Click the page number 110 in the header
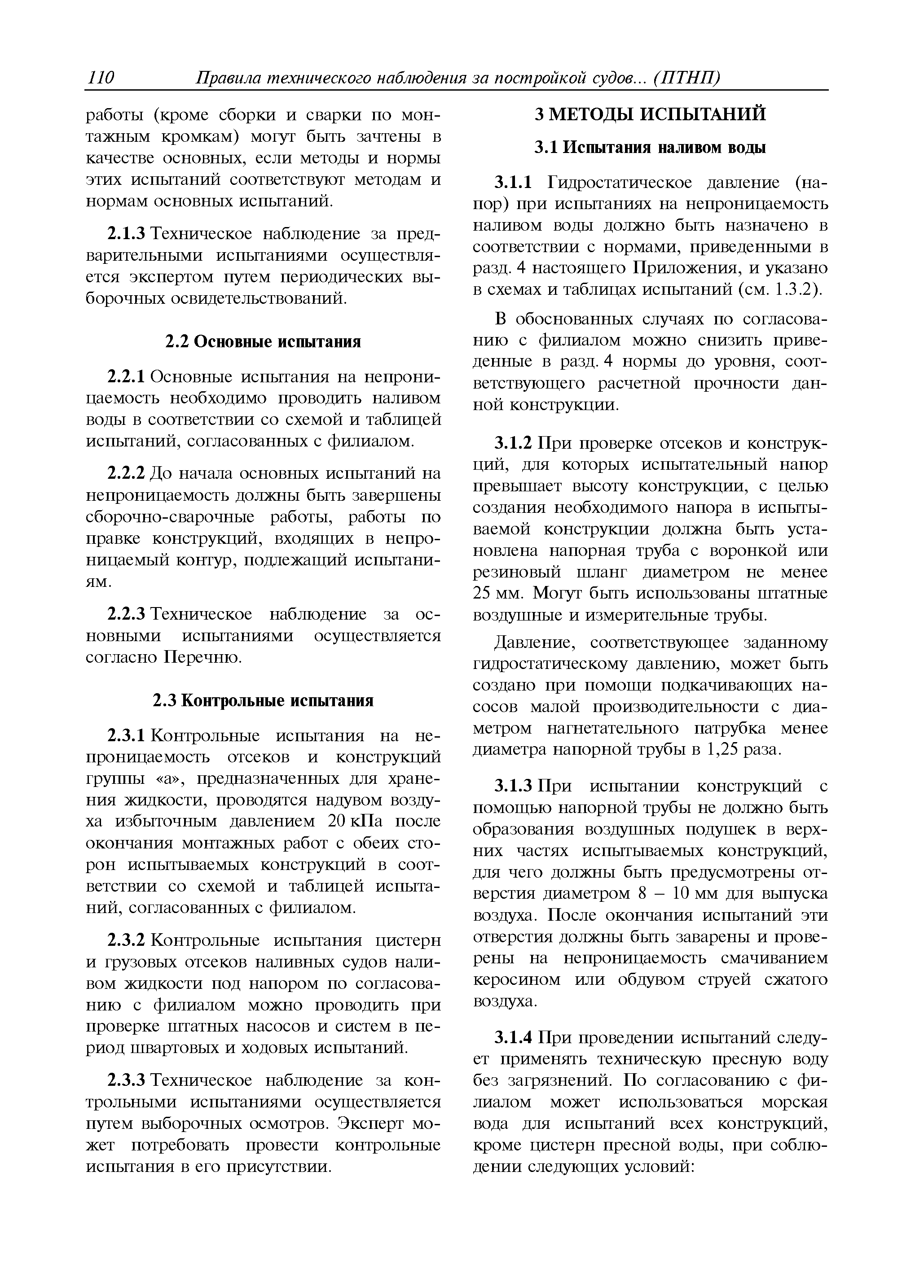pyautogui.click(x=100, y=78)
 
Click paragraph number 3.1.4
pyautogui.click(x=514, y=1038)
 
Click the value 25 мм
pyautogui.click(x=498, y=594)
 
